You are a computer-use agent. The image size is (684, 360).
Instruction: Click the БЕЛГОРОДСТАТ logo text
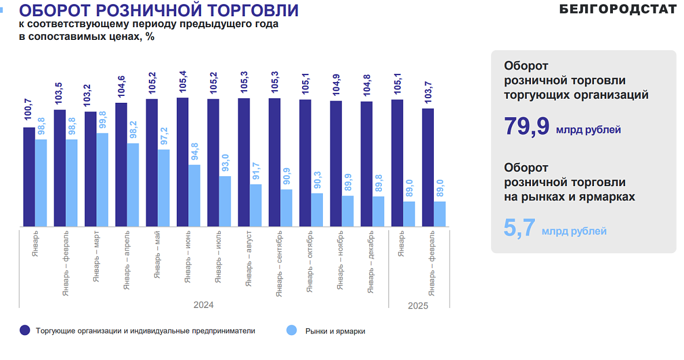pyautogui.click(x=618, y=9)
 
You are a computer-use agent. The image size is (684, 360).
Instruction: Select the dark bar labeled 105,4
pyautogui.click(x=183, y=162)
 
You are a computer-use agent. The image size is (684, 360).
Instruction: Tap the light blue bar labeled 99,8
pyautogui.click(x=102, y=180)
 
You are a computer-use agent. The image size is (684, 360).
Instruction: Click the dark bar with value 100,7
pyautogui.click(x=29, y=176)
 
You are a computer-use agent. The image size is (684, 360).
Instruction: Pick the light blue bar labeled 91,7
pyautogui.click(x=255, y=205)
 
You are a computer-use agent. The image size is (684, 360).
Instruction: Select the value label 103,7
pyautogui.click(x=428, y=95)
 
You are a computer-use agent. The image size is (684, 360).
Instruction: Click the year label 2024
pyautogui.click(x=203, y=305)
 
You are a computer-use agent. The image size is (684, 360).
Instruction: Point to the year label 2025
pyautogui.click(x=418, y=306)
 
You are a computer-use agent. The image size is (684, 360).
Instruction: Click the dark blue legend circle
pyautogui.click(x=25, y=331)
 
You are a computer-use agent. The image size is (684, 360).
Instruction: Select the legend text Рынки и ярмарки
pyautogui.click(x=335, y=331)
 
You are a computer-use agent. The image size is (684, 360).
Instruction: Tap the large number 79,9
pyautogui.click(x=526, y=127)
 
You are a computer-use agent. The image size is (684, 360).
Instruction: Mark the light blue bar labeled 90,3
pyautogui.click(x=317, y=210)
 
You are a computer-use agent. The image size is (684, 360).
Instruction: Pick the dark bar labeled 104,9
pyautogui.click(x=336, y=164)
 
